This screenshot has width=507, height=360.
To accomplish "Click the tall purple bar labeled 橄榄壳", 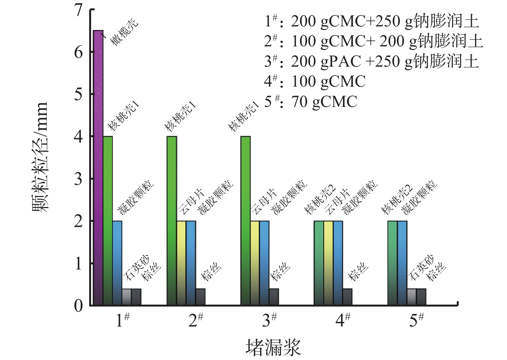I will (98, 167).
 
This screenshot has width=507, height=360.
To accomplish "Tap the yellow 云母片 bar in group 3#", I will (255, 263).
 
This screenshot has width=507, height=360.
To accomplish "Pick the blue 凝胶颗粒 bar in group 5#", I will (402, 263).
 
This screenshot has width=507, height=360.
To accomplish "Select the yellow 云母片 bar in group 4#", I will (328, 263).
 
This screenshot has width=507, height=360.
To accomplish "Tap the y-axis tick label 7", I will (78, 10).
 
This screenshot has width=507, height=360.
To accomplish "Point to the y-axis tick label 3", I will (78, 179).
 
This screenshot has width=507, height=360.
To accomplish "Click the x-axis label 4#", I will (343, 320).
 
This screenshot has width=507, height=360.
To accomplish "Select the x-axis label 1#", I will (122, 320).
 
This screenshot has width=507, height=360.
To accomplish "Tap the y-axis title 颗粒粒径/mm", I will (40, 157).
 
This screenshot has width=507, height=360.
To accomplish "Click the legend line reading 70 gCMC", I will (311, 102).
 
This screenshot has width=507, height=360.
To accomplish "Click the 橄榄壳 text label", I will (124, 32).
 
